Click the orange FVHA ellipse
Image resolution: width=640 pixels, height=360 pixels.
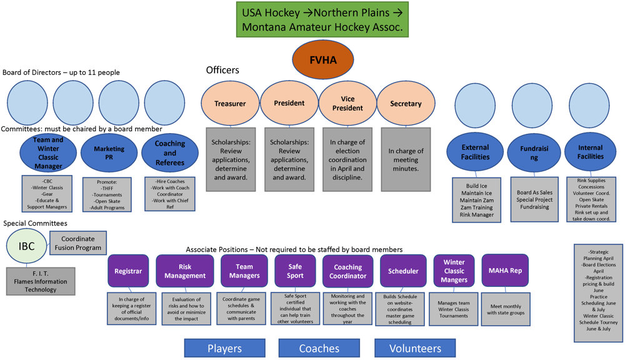pyautogui.click(x=323, y=60)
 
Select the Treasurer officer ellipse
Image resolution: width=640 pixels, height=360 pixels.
pyautogui.click(x=230, y=104)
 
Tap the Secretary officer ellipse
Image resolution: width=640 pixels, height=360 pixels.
pyautogui.click(x=406, y=104)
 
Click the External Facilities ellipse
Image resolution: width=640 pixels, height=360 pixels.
pyautogui.click(x=475, y=152)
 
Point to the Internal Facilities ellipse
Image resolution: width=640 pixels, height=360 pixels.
pyautogui.click(x=590, y=152)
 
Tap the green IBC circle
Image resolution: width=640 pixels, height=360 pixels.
pyautogui.click(x=26, y=246)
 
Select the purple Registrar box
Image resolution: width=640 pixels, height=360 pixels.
pyautogui.click(x=128, y=271)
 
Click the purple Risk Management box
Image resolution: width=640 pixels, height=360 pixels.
pyautogui.click(x=185, y=271)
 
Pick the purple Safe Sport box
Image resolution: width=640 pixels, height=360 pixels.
pyautogui.click(x=295, y=271)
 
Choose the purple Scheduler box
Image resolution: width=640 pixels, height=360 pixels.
pyautogui.click(x=403, y=271)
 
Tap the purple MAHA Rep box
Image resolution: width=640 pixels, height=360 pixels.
pyautogui.click(x=505, y=271)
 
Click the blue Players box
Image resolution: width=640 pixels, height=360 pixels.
pyautogui.click(x=224, y=348)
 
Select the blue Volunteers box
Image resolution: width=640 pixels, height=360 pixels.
pyautogui.click(x=415, y=348)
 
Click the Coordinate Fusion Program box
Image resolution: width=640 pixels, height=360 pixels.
pyautogui.click(x=78, y=243)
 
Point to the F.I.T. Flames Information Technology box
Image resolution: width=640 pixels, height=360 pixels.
pyautogui.click(x=41, y=281)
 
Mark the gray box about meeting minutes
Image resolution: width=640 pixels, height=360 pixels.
pyautogui.click(x=406, y=160)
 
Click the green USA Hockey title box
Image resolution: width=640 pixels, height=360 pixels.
pyautogui.click(x=322, y=19)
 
